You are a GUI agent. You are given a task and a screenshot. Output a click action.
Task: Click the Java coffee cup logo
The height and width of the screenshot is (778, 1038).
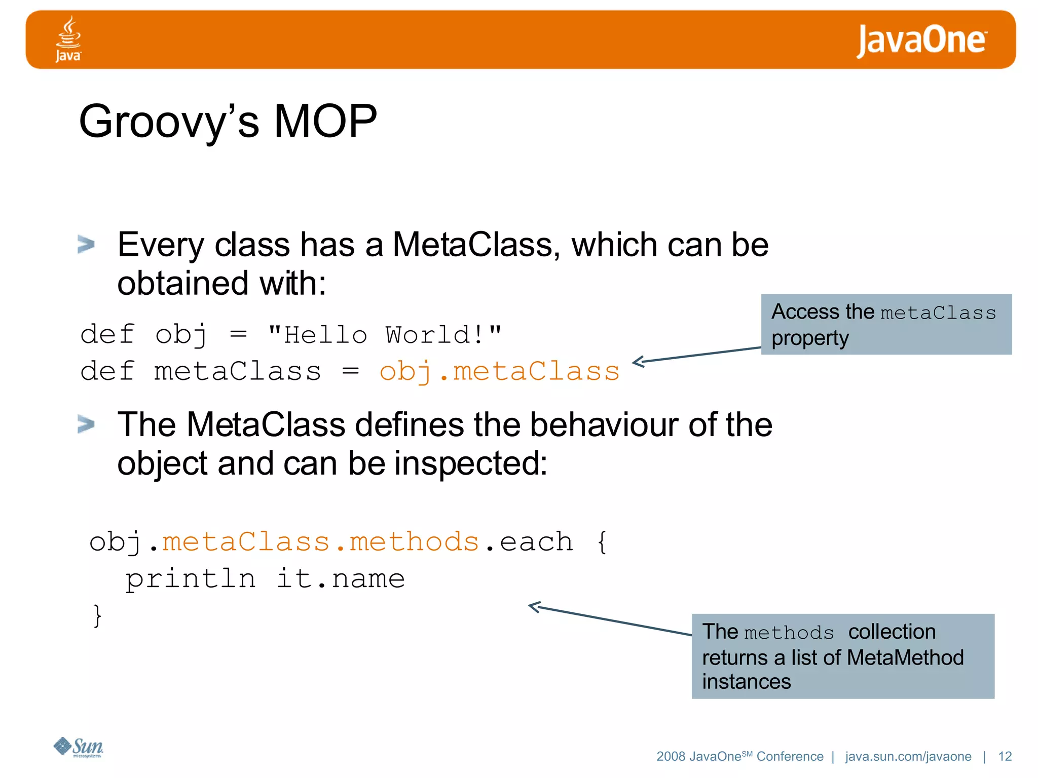[x=68, y=38]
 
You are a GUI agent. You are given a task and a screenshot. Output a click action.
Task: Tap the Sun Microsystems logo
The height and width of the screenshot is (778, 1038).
[x=79, y=747]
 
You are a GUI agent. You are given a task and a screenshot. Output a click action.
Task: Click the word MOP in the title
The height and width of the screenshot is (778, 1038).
[x=325, y=122]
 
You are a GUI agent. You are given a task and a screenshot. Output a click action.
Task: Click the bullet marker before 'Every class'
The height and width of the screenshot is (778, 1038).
[x=86, y=244]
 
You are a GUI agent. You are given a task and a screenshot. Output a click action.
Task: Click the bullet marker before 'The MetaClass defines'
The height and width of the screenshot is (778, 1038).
[x=86, y=424]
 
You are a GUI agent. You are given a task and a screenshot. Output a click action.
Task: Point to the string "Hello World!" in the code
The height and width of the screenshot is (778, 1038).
[x=385, y=335]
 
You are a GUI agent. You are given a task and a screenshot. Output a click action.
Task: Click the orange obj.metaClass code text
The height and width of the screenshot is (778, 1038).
[x=499, y=371]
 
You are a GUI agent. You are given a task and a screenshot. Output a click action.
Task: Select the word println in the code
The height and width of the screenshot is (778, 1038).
[x=191, y=579]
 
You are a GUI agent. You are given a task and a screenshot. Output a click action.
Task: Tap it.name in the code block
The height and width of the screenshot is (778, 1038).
[x=341, y=578]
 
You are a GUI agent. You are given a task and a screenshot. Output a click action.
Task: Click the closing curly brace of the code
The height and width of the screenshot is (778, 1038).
[x=97, y=616]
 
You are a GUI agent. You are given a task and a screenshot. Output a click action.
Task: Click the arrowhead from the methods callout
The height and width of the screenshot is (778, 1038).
[x=533, y=606]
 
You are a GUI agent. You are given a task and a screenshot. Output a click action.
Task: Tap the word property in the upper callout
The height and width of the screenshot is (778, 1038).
[x=810, y=338]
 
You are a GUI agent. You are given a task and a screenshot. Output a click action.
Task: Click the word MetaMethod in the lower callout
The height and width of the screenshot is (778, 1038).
[x=905, y=657]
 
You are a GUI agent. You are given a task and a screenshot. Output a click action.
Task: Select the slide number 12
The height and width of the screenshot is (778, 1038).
[x=1005, y=756]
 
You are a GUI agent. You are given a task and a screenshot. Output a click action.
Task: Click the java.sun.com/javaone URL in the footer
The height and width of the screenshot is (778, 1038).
[x=908, y=756]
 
